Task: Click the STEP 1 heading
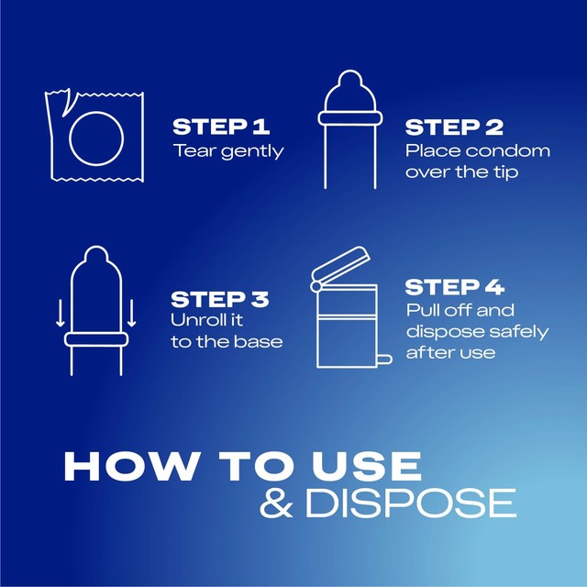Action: click(221, 127)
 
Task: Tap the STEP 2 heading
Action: click(454, 127)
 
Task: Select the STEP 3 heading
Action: click(220, 300)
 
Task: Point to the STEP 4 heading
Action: click(455, 287)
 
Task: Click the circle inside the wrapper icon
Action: click(70, 138)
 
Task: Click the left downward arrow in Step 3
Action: click(60, 313)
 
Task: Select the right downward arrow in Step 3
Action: click(131, 313)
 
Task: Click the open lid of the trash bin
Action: click(340, 263)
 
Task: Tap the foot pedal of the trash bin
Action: click(384, 360)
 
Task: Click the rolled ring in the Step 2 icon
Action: click(350, 118)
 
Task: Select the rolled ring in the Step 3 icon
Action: click(96, 339)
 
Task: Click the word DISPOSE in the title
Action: click(411, 504)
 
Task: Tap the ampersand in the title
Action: click(276, 504)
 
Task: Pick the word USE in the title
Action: click(368, 466)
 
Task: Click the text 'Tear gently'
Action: click(228, 151)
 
